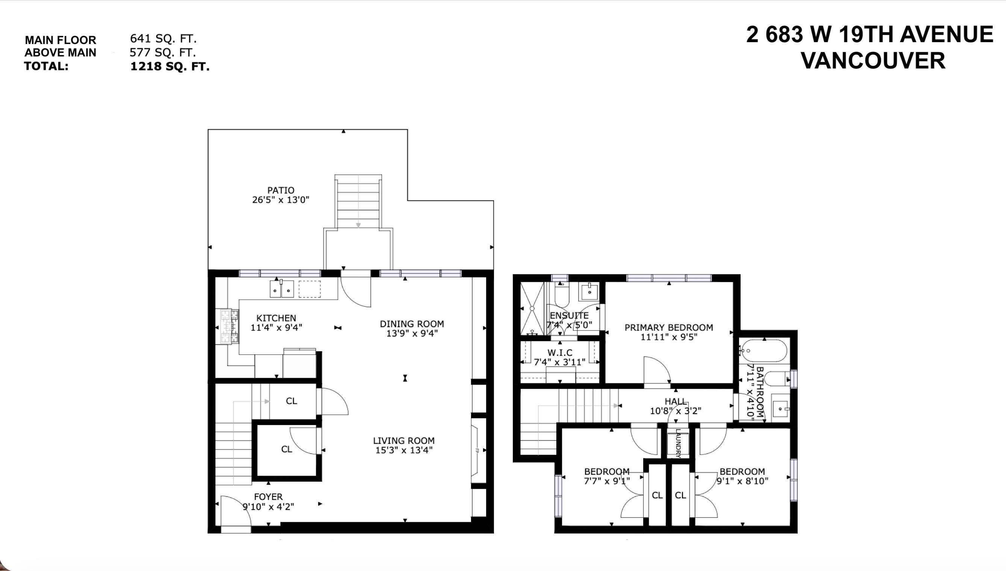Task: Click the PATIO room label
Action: point(280,190)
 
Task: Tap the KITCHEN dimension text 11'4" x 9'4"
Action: point(276,328)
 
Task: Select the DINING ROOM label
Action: point(412,324)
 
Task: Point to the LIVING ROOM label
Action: point(404,440)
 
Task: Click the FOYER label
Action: point(268,497)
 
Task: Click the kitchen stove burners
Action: point(229,327)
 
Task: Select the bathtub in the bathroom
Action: point(764,351)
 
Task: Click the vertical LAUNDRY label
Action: point(678,443)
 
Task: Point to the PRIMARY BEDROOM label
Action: point(668,328)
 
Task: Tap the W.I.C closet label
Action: point(560,353)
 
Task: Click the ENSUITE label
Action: point(569,316)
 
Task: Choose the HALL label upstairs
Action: point(676,402)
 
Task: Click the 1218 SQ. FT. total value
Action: point(170,66)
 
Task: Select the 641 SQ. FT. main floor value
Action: point(163,38)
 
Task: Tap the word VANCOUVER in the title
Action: point(873,61)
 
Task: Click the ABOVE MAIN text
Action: point(61,53)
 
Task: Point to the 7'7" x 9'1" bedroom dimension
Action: point(607,481)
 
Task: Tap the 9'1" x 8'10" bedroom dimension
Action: point(742,481)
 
